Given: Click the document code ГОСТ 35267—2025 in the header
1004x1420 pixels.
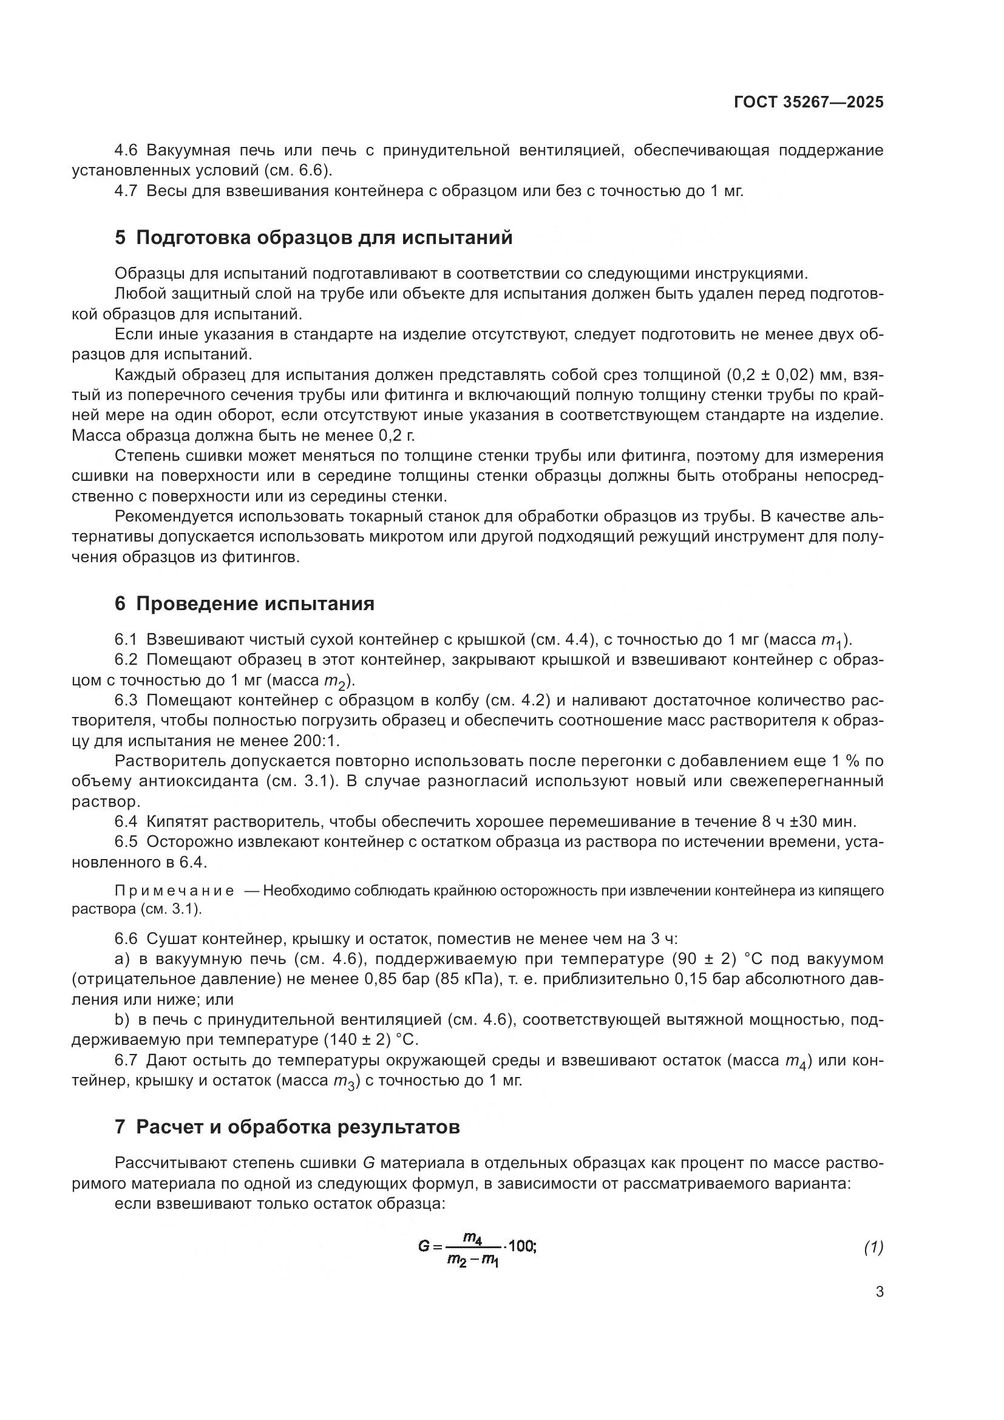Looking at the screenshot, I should [809, 103].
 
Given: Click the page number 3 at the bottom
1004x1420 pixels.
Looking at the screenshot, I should [879, 1291].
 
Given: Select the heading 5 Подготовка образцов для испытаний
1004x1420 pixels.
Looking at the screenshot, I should [313, 237].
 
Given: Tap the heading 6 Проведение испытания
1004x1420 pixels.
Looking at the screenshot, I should [244, 603].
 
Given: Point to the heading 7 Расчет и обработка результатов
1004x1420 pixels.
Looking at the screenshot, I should [287, 1127].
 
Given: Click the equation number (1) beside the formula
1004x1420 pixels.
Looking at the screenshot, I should [873, 1248].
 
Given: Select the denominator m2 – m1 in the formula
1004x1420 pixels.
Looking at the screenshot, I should [473, 1259].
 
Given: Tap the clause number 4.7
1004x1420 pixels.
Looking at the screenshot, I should [126, 191].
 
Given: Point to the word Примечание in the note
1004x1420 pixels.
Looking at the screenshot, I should [174, 890].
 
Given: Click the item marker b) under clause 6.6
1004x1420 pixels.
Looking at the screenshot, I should [121, 1019].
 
